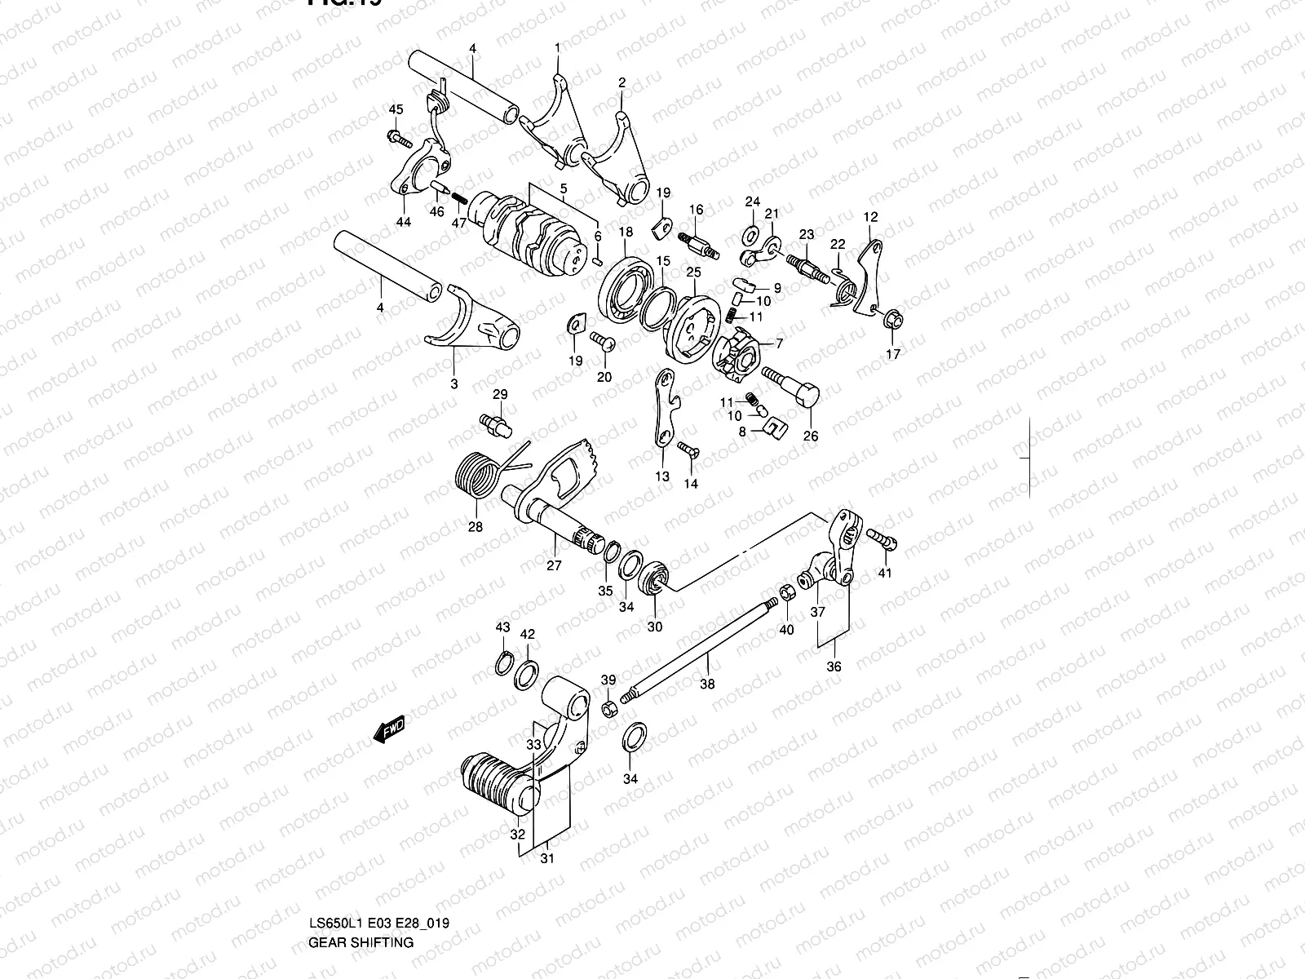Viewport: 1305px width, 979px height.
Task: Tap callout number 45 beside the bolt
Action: (396, 110)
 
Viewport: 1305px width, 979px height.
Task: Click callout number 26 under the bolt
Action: (810, 436)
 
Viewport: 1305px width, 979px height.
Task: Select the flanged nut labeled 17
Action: (892, 321)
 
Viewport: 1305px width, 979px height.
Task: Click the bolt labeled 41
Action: (883, 538)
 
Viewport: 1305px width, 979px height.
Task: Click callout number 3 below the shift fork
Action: (454, 383)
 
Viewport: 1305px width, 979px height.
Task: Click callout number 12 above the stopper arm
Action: (870, 217)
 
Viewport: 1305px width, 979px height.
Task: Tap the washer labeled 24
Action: (750, 236)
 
